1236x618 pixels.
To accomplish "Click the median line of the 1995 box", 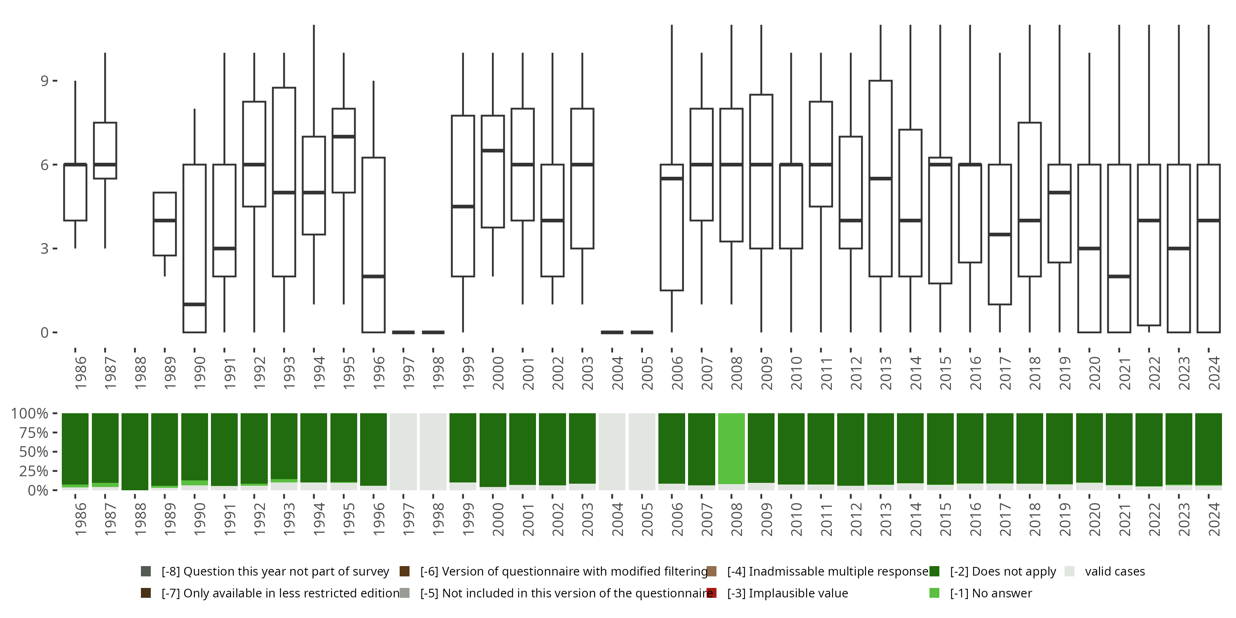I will pos(344,137).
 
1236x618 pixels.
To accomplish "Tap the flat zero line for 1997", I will pos(403,332).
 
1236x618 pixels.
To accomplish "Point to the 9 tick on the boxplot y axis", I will pos(44,81).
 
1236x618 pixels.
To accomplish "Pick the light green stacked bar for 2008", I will pos(731,448).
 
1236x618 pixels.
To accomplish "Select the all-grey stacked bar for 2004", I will pos(612,451).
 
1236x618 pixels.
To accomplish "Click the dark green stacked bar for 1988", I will pos(135,451).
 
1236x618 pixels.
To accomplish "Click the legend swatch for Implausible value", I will pos(712,593).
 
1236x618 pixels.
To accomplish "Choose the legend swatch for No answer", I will pos(934,593).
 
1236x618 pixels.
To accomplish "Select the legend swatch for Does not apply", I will pos(934,571).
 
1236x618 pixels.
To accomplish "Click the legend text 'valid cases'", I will pos(1114,571).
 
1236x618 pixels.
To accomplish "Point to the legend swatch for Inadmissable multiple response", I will pos(712,571).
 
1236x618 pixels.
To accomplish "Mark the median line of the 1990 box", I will pos(194,304).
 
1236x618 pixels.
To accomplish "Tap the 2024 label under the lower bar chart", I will pos(1213,519).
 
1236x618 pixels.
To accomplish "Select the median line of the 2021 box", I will pos(1119,276).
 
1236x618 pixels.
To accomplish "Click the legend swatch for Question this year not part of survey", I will pos(146,571).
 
